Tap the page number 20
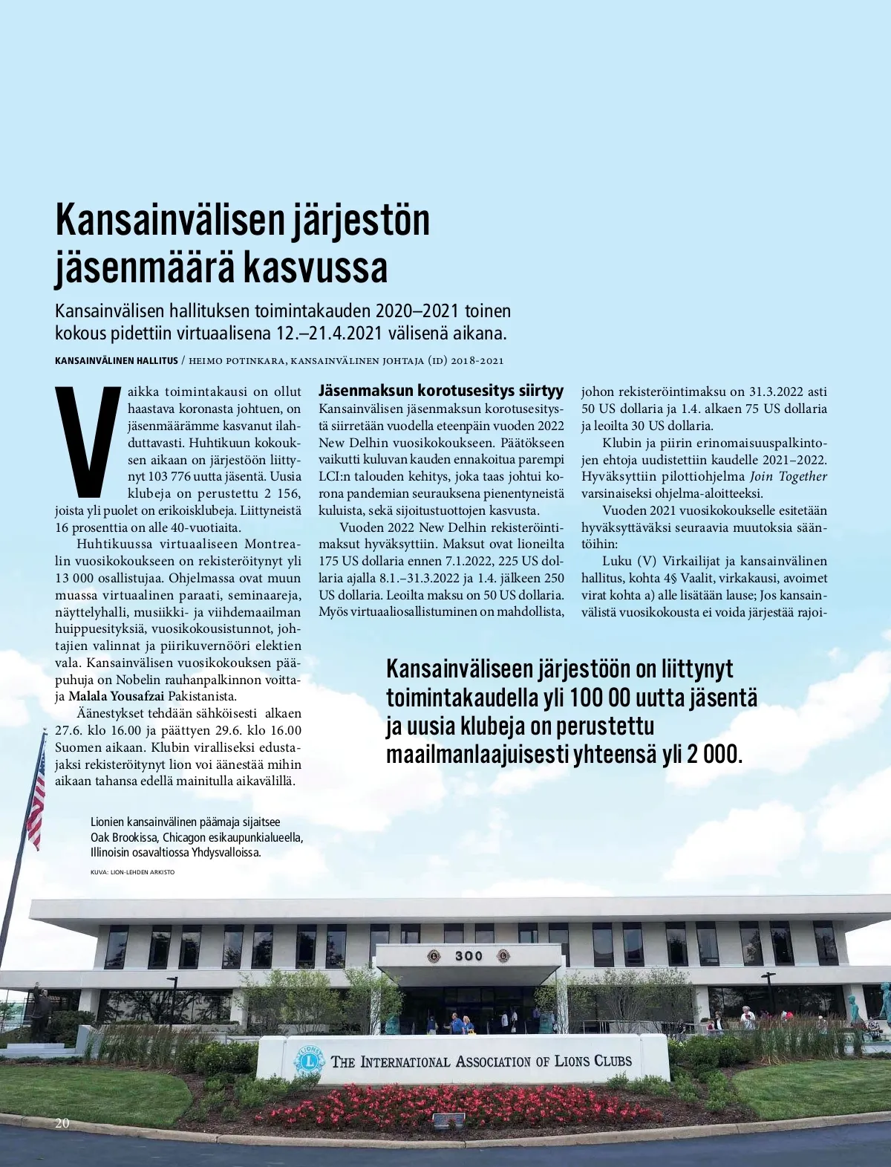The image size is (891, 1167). [62, 1122]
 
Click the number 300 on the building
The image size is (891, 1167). [469, 956]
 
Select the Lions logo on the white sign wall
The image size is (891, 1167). [309, 1060]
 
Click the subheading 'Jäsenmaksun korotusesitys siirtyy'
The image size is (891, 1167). [441, 391]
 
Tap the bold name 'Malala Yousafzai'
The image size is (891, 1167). [117, 697]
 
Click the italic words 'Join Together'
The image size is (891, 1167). [788, 477]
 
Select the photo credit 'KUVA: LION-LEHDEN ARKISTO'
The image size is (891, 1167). [132, 872]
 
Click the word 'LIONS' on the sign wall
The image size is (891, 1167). [572, 1061]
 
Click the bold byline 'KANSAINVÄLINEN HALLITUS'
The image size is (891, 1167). [117, 361]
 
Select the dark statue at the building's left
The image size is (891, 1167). [38, 1012]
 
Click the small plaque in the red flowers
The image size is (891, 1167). [448, 1119]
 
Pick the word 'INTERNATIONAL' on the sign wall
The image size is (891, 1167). [405, 1062]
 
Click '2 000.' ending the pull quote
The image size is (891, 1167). [714, 755]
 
